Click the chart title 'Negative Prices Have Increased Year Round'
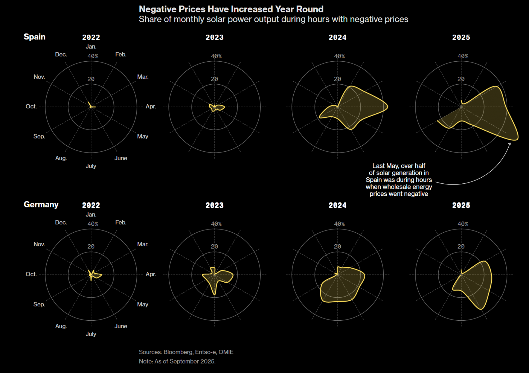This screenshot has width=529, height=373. (x=231, y=9)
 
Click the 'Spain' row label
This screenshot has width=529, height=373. (x=34, y=37)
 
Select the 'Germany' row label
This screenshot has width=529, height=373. (x=41, y=205)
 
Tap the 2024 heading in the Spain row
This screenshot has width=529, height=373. (x=337, y=38)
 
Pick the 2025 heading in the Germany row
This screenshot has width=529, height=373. (x=461, y=205)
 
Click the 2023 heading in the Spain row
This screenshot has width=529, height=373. (x=215, y=38)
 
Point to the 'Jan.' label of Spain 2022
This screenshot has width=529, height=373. (x=91, y=47)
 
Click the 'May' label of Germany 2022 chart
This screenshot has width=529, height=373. (x=143, y=305)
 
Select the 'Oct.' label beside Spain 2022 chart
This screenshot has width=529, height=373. (x=31, y=107)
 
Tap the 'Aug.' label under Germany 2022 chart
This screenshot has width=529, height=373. (x=61, y=326)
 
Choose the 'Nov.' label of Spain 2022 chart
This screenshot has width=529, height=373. (x=39, y=77)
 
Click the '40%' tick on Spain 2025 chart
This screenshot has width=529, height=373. (x=463, y=56)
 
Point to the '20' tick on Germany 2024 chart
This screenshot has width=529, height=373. (x=337, y=247)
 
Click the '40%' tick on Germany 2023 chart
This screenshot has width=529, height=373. (x=216, y=224)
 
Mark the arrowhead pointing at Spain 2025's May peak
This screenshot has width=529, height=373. (x=510, y=144)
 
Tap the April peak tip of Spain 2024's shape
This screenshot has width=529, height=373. (x=387, y=107)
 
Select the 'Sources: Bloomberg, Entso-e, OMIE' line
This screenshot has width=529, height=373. (x=186, y=352)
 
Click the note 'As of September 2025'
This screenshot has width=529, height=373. (x=177, y=361)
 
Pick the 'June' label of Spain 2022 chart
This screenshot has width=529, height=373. (x=121, y=158)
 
